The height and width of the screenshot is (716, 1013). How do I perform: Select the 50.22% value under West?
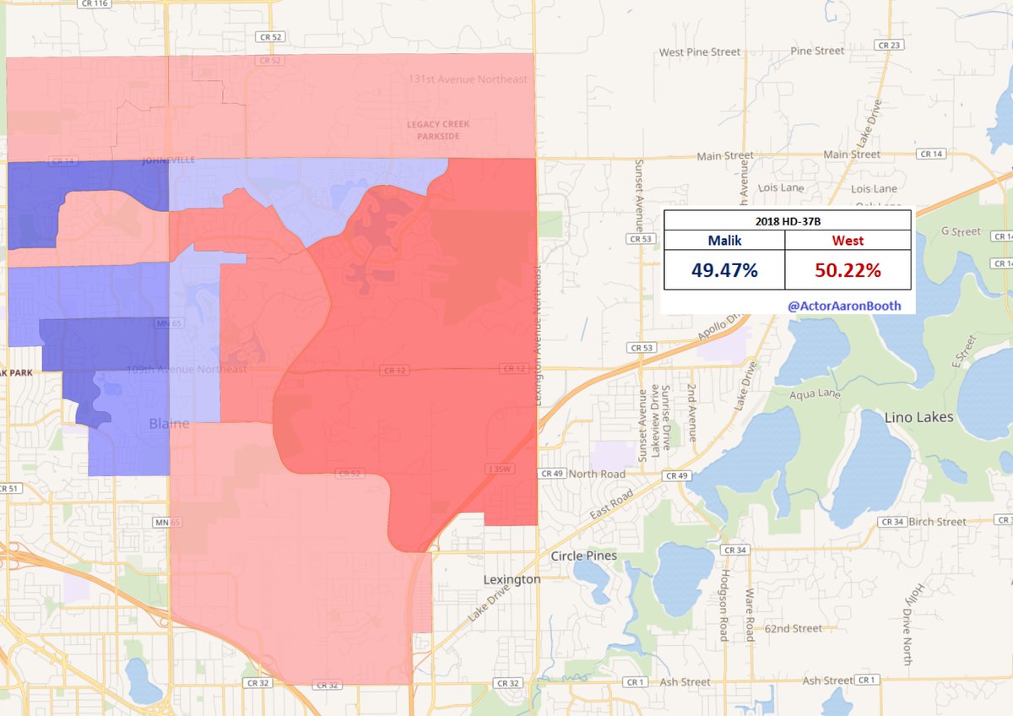tap(848, 272)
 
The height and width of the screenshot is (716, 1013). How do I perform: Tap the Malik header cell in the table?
tap(724, 240)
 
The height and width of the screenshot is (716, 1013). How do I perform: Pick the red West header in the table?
tap(848, 240)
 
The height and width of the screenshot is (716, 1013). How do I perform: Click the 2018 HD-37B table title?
tap(787, 219)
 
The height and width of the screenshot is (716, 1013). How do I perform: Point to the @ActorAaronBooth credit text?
tap(843, 305)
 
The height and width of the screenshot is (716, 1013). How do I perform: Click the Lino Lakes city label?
tap(918, 417)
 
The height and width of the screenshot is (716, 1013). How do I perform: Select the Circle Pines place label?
tap(583, 556)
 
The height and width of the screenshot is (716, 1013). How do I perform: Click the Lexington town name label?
tap(512, 580)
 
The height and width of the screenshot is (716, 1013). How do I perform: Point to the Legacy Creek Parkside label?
tap(438, 130)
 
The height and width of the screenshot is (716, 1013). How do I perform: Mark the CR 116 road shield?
tap(94, 4)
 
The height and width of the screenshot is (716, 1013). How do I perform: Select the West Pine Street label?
tap(699, 52)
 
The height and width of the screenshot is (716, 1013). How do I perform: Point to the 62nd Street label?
tap(794, 628)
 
